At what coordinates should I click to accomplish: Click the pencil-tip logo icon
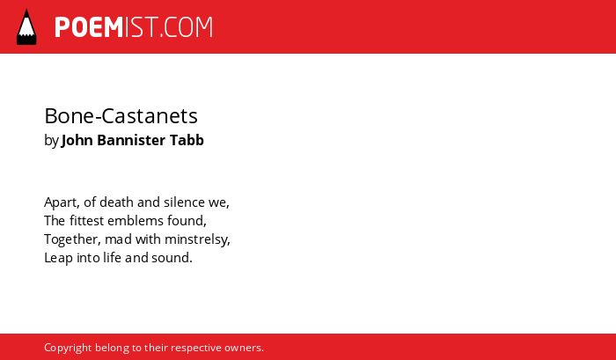tap(26, 26)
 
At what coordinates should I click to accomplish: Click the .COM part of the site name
tap(186, 27)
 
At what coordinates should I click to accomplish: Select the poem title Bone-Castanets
tap(121, 116)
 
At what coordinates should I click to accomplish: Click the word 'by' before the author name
tap(51, 141)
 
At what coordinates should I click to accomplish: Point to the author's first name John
tap(77, 140)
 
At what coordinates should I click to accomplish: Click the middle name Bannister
tap(131, 140)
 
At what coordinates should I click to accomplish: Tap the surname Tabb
tap(187, 140)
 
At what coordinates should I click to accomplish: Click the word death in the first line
tap(116, 202)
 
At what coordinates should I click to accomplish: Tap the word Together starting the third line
tap(72, 239)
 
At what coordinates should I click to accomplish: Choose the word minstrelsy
tap(197, 239)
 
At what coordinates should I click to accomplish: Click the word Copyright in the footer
tap(68, 349)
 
